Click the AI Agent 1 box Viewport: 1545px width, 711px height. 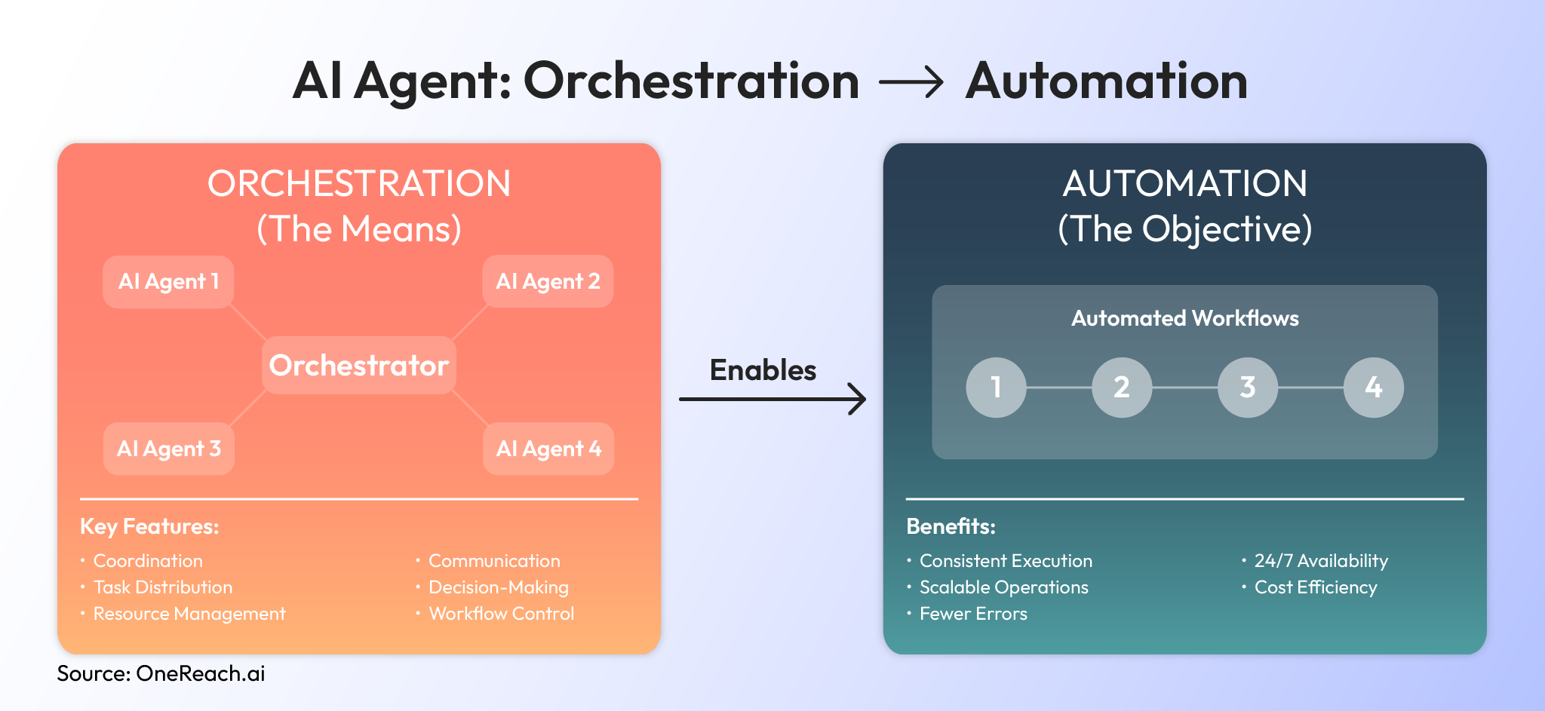point(168,282)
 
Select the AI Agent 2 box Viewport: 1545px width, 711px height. point(548,282)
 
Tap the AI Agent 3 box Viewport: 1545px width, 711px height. point(168,449)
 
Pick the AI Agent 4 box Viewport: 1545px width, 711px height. point(548,449)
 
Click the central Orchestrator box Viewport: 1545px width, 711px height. point(359,366)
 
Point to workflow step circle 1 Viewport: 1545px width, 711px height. point(996,388)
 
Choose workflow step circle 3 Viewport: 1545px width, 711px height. point(1248,388)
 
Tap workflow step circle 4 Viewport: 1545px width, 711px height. point(1373,388)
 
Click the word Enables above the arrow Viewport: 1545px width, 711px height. point(763,370)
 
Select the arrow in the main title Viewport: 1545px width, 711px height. point(911,81)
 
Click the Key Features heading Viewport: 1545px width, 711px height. point(149,526)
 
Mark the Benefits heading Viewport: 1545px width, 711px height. point(951,526)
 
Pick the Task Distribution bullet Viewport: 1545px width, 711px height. point(162,587)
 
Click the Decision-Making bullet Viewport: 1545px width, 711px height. point(498,587)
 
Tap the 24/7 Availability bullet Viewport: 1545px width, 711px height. point(1320,561)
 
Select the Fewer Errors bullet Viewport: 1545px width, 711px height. point(972,614)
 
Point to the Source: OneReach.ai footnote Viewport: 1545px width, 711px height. point(161,673)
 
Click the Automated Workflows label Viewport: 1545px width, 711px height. point(1184,318)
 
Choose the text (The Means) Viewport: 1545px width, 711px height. point(359,229)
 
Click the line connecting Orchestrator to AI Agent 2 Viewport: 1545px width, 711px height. point(469,322)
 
